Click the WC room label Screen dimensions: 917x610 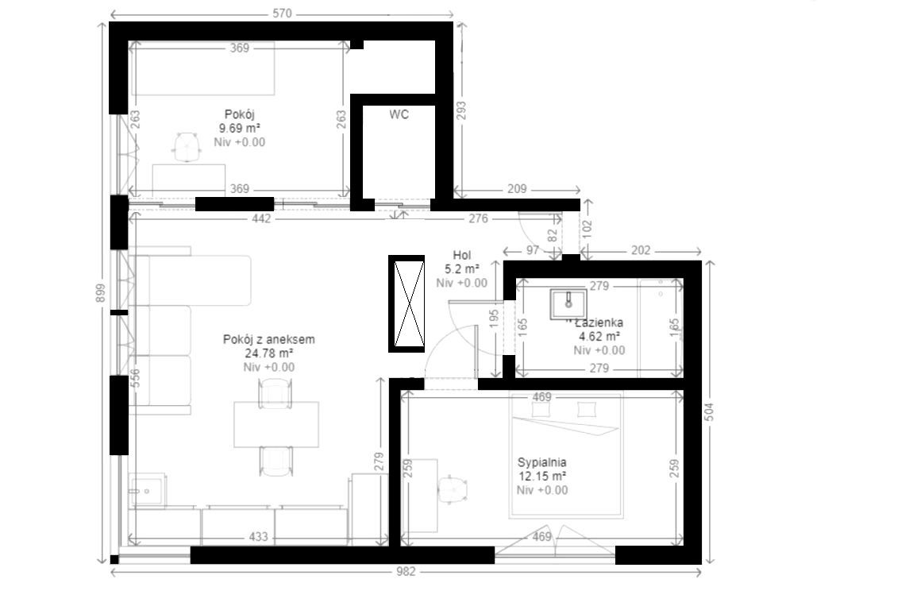(x=399, y=114)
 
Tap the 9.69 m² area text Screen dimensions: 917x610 (x=240, y=128)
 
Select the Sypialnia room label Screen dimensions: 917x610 (x=542, y=462)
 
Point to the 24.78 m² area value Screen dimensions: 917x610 (x=269, y=353)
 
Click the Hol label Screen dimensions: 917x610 (x=461, y=255)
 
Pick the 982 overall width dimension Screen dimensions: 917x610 (x=405, y=571)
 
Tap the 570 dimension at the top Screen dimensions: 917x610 (x=282, y=13)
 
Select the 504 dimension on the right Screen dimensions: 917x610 (x=710, y=411)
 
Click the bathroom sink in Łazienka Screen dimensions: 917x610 (x=568, y=303)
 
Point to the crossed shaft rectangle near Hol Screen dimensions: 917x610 (x=406, y=303)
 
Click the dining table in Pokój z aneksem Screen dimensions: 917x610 (x=276, y=425)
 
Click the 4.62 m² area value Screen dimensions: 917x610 (x=599, y=336)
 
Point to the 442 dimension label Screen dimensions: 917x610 (x=261, y=218)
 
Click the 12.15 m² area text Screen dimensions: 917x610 (x=542, y=476)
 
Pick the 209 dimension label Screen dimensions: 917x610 (x=517, y=189)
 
